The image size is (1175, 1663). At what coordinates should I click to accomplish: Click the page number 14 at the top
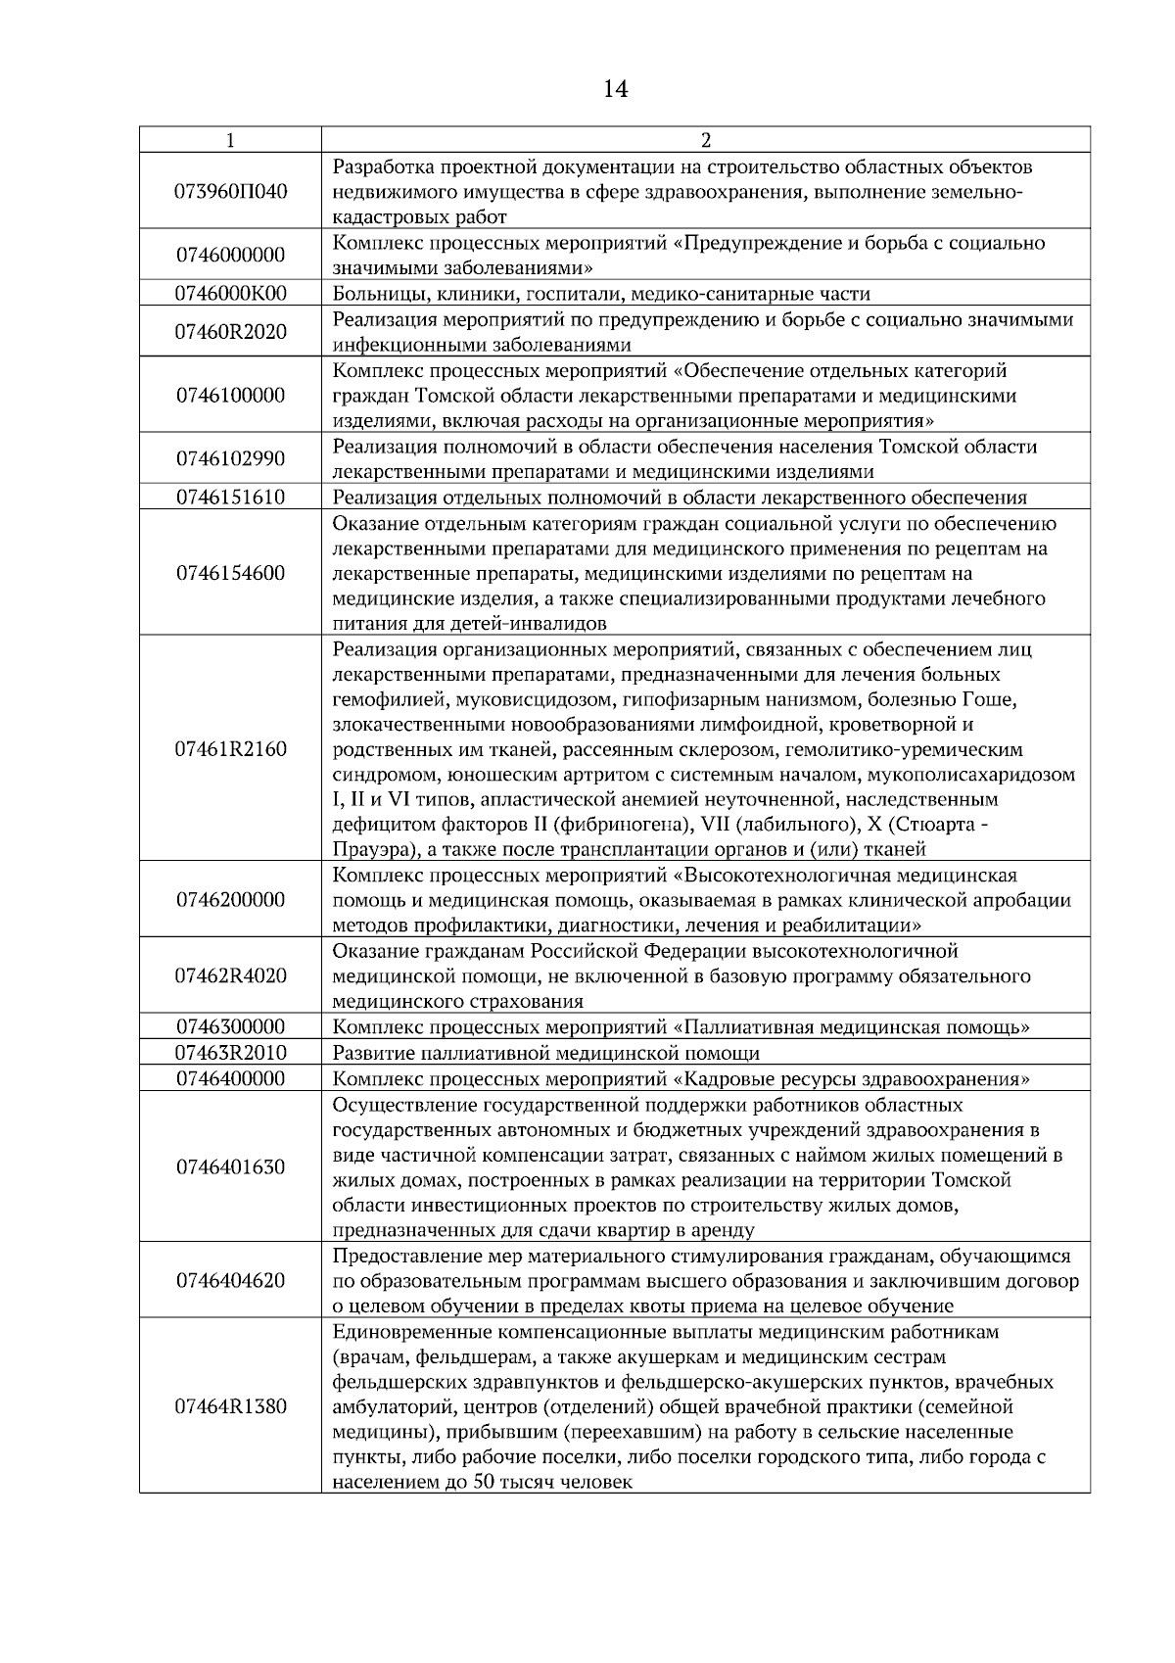pos(615,90)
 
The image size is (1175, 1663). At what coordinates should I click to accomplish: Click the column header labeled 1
pos(230,140)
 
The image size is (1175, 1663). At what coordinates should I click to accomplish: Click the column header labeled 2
pos(706,140)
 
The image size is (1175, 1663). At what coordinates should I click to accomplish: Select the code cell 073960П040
pos(230,191)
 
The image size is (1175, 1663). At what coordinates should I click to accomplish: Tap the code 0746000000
pos(230,256)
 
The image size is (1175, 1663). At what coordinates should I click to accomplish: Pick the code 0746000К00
pos(230,294)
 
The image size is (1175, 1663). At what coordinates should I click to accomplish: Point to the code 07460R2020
pos(230,332)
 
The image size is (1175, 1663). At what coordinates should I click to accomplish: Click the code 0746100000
pos(230,396)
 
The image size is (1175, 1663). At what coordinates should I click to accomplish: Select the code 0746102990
pos(230,459)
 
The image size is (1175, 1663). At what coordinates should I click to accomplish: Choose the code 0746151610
pos(230,498)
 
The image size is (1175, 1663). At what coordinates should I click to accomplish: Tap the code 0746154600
pos(230,574)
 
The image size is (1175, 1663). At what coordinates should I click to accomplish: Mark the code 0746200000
pos(230,900)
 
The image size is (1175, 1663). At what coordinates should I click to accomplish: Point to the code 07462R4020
pos(230,976)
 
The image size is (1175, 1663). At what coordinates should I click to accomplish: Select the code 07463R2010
pos(230,1053)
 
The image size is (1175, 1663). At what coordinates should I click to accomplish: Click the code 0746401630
pos(230,1167)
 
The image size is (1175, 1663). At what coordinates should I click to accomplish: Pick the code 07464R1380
pos(230,1407)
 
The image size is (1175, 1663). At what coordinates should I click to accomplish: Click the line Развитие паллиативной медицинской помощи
pos(546,1054)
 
